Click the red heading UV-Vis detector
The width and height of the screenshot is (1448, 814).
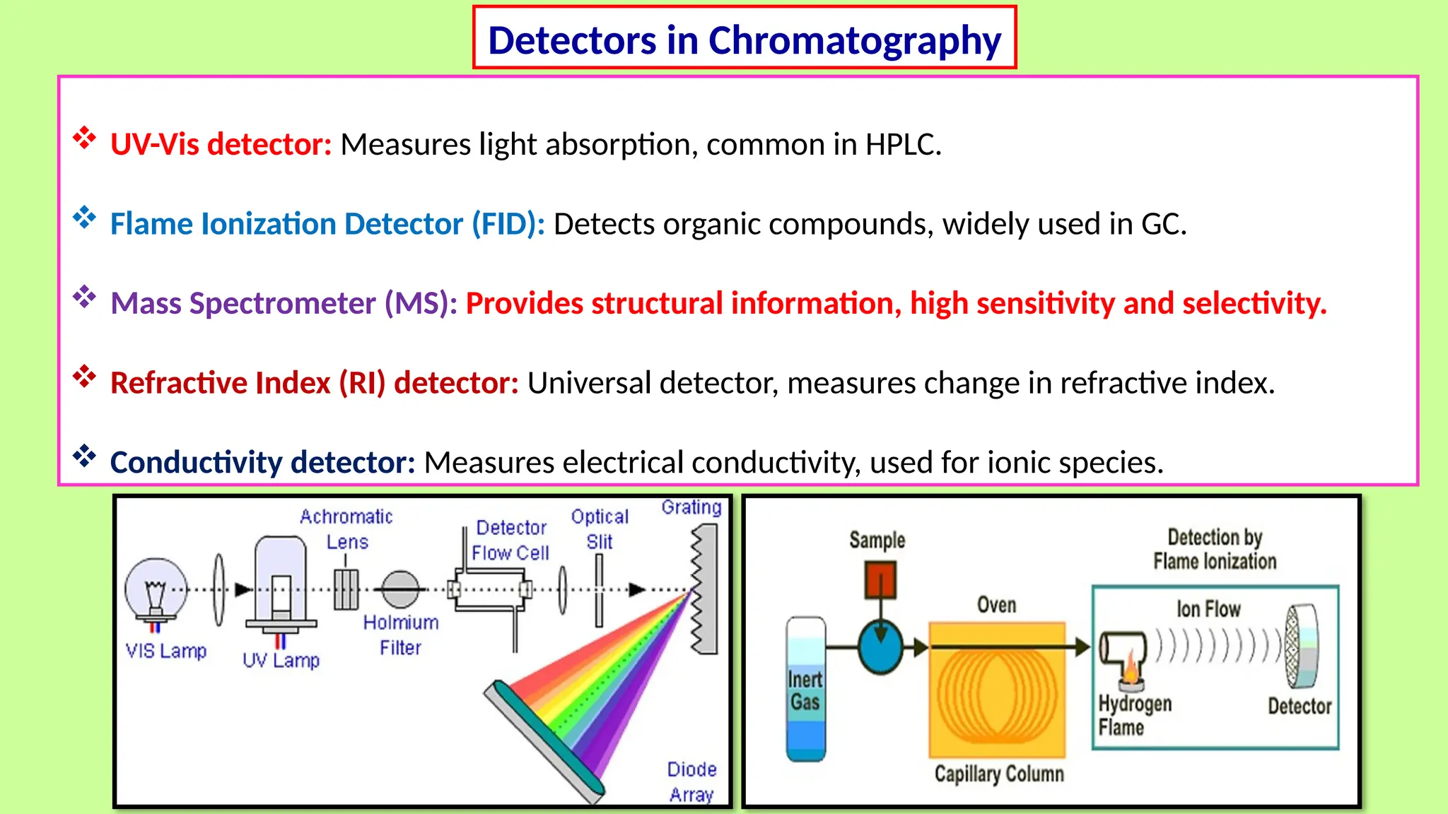click(221, 144)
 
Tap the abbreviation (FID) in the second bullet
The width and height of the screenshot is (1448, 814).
click(508, 224)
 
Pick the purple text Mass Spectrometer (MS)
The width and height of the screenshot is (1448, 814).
click(284, 303)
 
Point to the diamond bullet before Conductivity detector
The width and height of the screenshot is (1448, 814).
click(84, 456)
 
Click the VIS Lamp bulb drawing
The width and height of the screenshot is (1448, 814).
click(156, 590)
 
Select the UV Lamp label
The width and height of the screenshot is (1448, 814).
click(281, 660)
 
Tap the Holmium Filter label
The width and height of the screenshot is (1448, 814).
click(401, 635)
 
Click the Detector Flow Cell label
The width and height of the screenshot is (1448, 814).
click(510, 541)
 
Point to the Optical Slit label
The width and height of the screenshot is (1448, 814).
click(600, 529)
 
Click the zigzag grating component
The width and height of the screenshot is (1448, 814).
click(704, 589)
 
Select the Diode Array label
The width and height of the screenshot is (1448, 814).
click(691, 781)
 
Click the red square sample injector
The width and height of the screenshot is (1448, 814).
click(880, 579)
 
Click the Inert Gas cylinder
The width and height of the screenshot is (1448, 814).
click(806, 689)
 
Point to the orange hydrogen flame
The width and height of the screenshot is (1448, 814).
click(1131, 668)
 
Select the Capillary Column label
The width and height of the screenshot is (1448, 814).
click(998, 774)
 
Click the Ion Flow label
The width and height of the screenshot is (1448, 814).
click(1208, 608)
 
